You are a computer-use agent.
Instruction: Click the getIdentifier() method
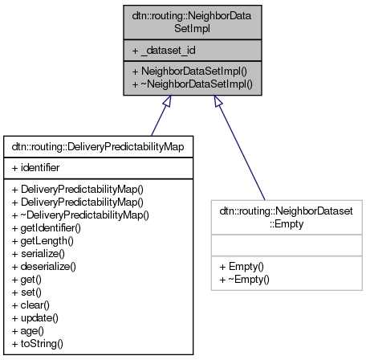[x=47, y=227]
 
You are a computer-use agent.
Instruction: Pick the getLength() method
[x=42, y=240]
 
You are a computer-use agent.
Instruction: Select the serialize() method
[x=39, y=253]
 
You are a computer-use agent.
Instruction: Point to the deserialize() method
[x=45, y=266]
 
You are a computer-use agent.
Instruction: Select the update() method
[x=35, y=317]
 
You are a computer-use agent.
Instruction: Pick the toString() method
[x=38, y=343]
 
